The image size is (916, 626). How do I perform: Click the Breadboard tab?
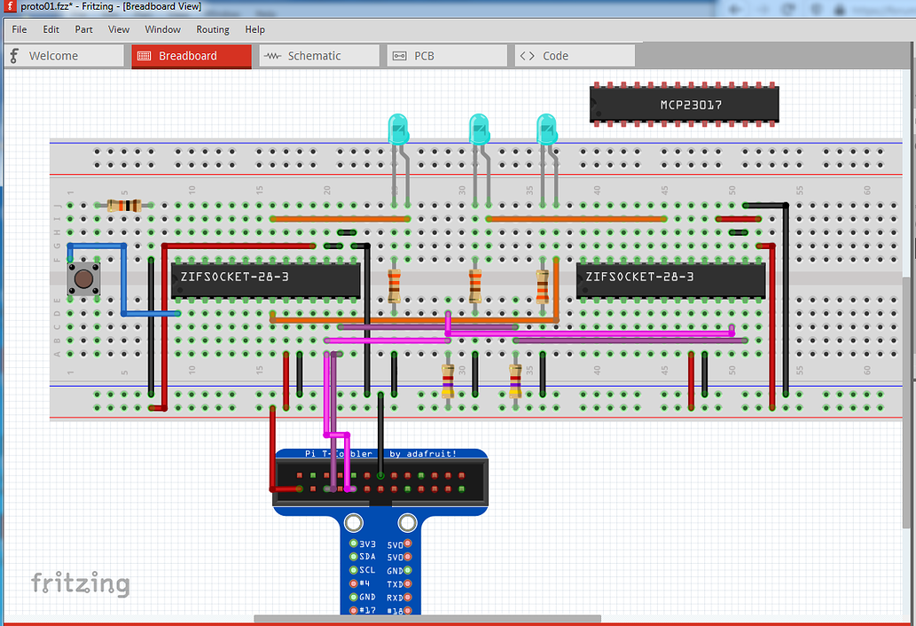(192, 56)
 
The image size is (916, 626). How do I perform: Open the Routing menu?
(213, 29)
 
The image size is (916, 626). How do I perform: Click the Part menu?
(84, 29)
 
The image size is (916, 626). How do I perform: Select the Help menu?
(255, 29)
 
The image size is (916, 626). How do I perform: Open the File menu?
(20, 29)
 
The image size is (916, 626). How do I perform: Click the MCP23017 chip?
(685, 105)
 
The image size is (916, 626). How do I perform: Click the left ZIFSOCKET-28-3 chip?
(265, 278)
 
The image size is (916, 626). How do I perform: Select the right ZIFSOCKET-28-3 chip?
(670, 278)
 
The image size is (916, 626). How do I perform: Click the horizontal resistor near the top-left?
(124, 206)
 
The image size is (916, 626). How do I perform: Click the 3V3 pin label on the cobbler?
(367, 544)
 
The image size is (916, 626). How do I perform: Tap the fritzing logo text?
(80, 583)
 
